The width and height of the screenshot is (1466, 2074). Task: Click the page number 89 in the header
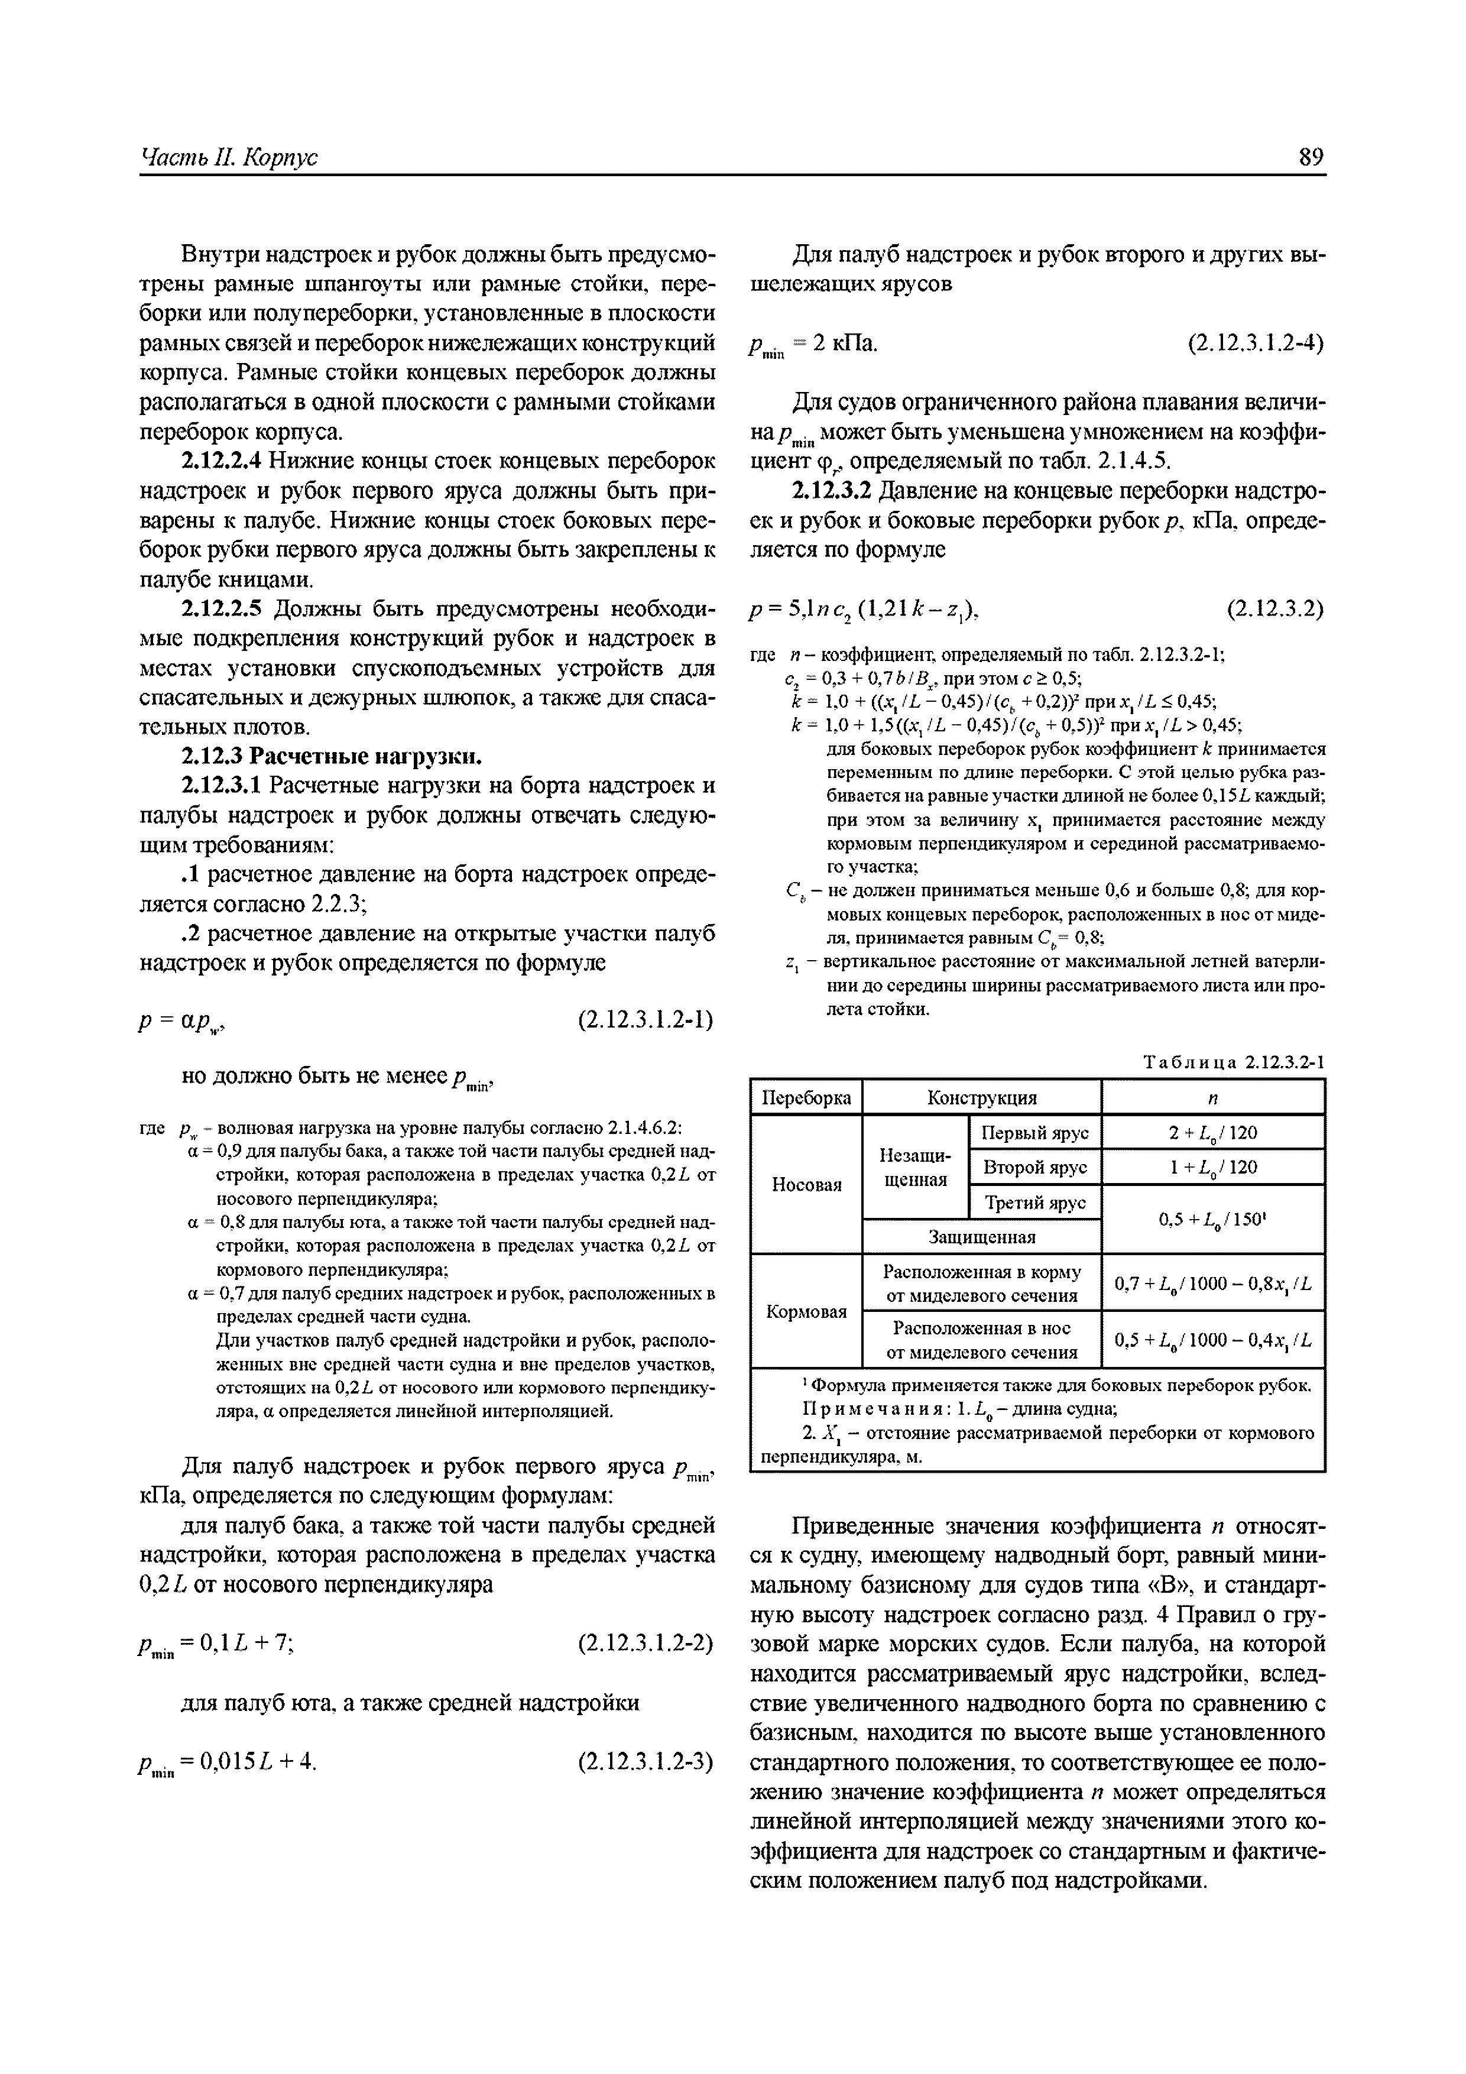coord(1311,157)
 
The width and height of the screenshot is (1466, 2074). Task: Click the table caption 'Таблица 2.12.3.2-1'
coord(1234,1062)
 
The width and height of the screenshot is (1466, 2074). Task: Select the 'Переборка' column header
coord(806,1097)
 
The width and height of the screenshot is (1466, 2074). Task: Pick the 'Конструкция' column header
coord(982,1097)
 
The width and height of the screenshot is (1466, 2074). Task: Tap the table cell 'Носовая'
coord(806,1184)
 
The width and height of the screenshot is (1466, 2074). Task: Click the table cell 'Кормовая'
coord(806,1311)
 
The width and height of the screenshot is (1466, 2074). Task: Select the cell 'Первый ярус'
coord(1035,1133)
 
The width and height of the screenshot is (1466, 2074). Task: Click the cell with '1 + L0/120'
coord(1213,1167)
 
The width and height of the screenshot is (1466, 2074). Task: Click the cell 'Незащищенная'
coord(914,1167)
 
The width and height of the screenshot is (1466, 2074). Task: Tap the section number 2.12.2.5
coord(222,609)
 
